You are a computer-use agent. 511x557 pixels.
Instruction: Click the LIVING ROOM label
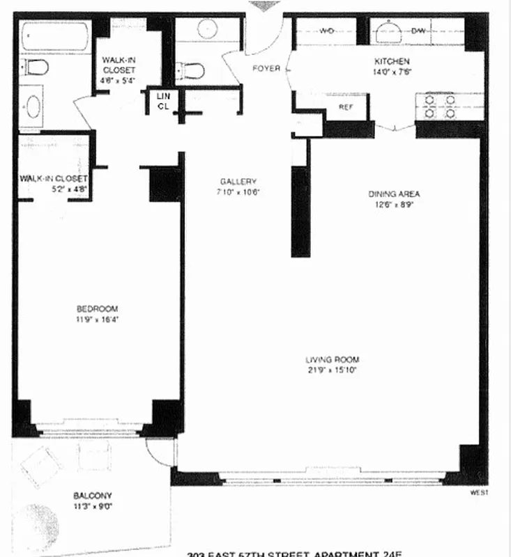pyautogui.click(x=332, y=360)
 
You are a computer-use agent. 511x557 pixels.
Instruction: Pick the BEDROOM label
pyautogui.click(x=97, y=308)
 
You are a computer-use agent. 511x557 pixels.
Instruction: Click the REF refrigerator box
pyautogui.click(x=345, y=107)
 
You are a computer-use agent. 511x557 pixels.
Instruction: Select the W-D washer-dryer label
pyautogui.click(x=326, y=31)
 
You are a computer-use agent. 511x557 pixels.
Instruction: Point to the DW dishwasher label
pyautogui.click(x=418, y=31)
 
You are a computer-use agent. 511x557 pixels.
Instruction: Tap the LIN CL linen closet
pyautogui.click(x=163, y=101)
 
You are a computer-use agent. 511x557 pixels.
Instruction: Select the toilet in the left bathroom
pyautogui.click(x=35, y=68)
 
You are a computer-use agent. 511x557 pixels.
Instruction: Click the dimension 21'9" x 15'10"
pyautogui.click(x=332, y=370)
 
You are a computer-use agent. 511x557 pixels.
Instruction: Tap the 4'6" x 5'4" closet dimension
pyautogui.click(x=118, y=80)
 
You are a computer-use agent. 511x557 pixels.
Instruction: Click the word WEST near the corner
pyautogui.click(x=478, y=492)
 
